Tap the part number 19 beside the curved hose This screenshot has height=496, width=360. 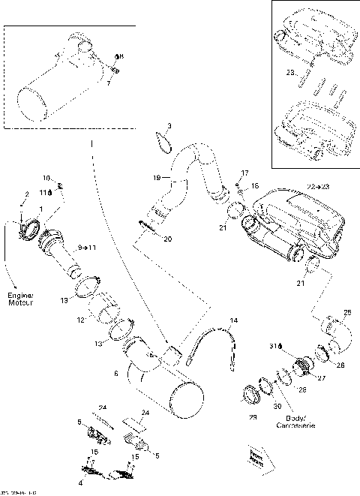(x=157, y=178)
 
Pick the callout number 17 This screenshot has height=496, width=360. (x=244, y=173)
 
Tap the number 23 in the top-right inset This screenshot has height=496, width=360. (x=290, y=73)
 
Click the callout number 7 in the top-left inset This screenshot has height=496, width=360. (x=107, y=83)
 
